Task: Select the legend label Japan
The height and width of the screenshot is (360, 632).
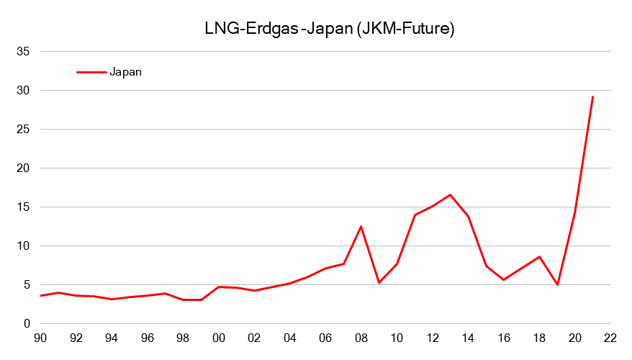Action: click(126, 71)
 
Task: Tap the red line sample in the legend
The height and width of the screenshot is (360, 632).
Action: click(91, 71)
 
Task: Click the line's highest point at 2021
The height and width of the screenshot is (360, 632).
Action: click(592, 96)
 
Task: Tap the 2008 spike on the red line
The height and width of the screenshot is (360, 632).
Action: click(361, 227)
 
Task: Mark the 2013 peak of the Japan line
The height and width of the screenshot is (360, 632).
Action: click(450, 194)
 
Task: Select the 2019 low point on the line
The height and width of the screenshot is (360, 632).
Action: click(557, 285)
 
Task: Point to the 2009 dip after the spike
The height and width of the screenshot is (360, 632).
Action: click(379, 282)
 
